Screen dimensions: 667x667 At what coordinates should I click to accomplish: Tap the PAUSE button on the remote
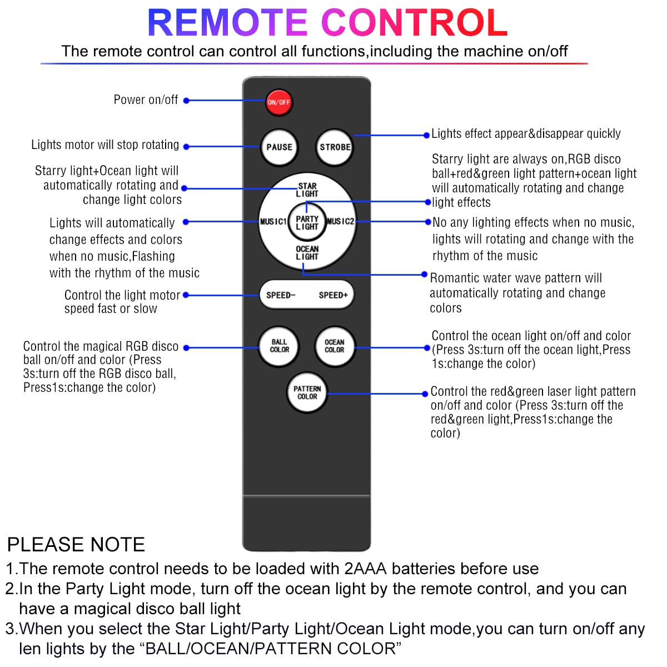coord(279,147)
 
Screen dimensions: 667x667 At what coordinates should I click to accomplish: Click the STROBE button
coord(335,147)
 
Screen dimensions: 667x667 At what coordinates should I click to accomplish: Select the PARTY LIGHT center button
coord(307,223)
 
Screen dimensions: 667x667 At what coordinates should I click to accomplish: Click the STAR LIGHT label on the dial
coord(307,190)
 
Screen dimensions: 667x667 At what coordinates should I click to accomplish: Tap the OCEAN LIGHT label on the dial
coord(307,253)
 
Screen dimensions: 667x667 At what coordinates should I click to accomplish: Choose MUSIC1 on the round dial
coord(273,222)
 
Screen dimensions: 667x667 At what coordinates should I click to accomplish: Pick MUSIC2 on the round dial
coord(340,222)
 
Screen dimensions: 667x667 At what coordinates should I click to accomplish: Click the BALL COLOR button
coord(279,346)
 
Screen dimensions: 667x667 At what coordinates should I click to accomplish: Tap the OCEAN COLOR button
coord(335,346)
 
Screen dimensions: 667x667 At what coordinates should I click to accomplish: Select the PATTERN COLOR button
coord(307,393)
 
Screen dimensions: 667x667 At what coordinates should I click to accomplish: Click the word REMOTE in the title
coord(227,23)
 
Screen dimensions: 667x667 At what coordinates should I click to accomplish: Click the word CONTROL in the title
coord(415,23)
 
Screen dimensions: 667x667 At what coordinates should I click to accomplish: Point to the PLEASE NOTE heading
coord(76,544)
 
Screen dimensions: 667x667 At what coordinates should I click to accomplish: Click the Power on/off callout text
coord(146,100)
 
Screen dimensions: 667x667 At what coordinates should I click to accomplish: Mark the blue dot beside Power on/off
coord(186,101)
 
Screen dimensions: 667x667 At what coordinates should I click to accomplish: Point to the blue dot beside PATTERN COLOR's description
coord(426,394)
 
